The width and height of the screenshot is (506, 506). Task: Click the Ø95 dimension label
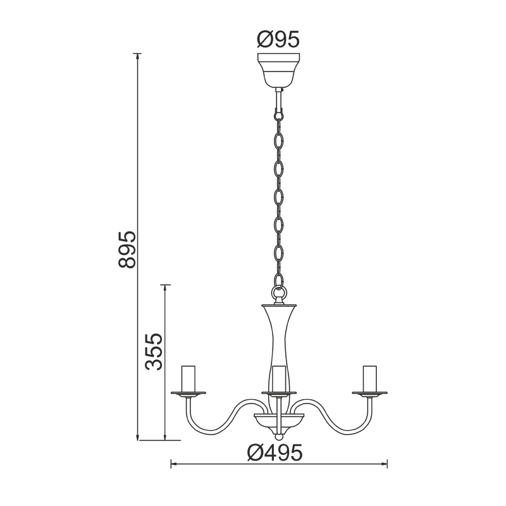tap(278, 40)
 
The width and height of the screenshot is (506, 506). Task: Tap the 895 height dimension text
tap(127, 249)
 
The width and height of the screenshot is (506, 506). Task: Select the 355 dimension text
tap(154, 352)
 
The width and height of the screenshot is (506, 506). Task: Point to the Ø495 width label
tap(275, 452)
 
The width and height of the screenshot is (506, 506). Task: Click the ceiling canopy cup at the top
tap(278, 70)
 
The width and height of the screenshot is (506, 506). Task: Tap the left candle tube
tap(188, 379)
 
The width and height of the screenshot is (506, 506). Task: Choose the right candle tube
tap(369, 379)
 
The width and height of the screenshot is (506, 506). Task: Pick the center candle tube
tap(279, 379)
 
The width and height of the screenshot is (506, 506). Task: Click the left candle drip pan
tap(188, 393)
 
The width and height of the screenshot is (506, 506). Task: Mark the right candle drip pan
tap(369, 393)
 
